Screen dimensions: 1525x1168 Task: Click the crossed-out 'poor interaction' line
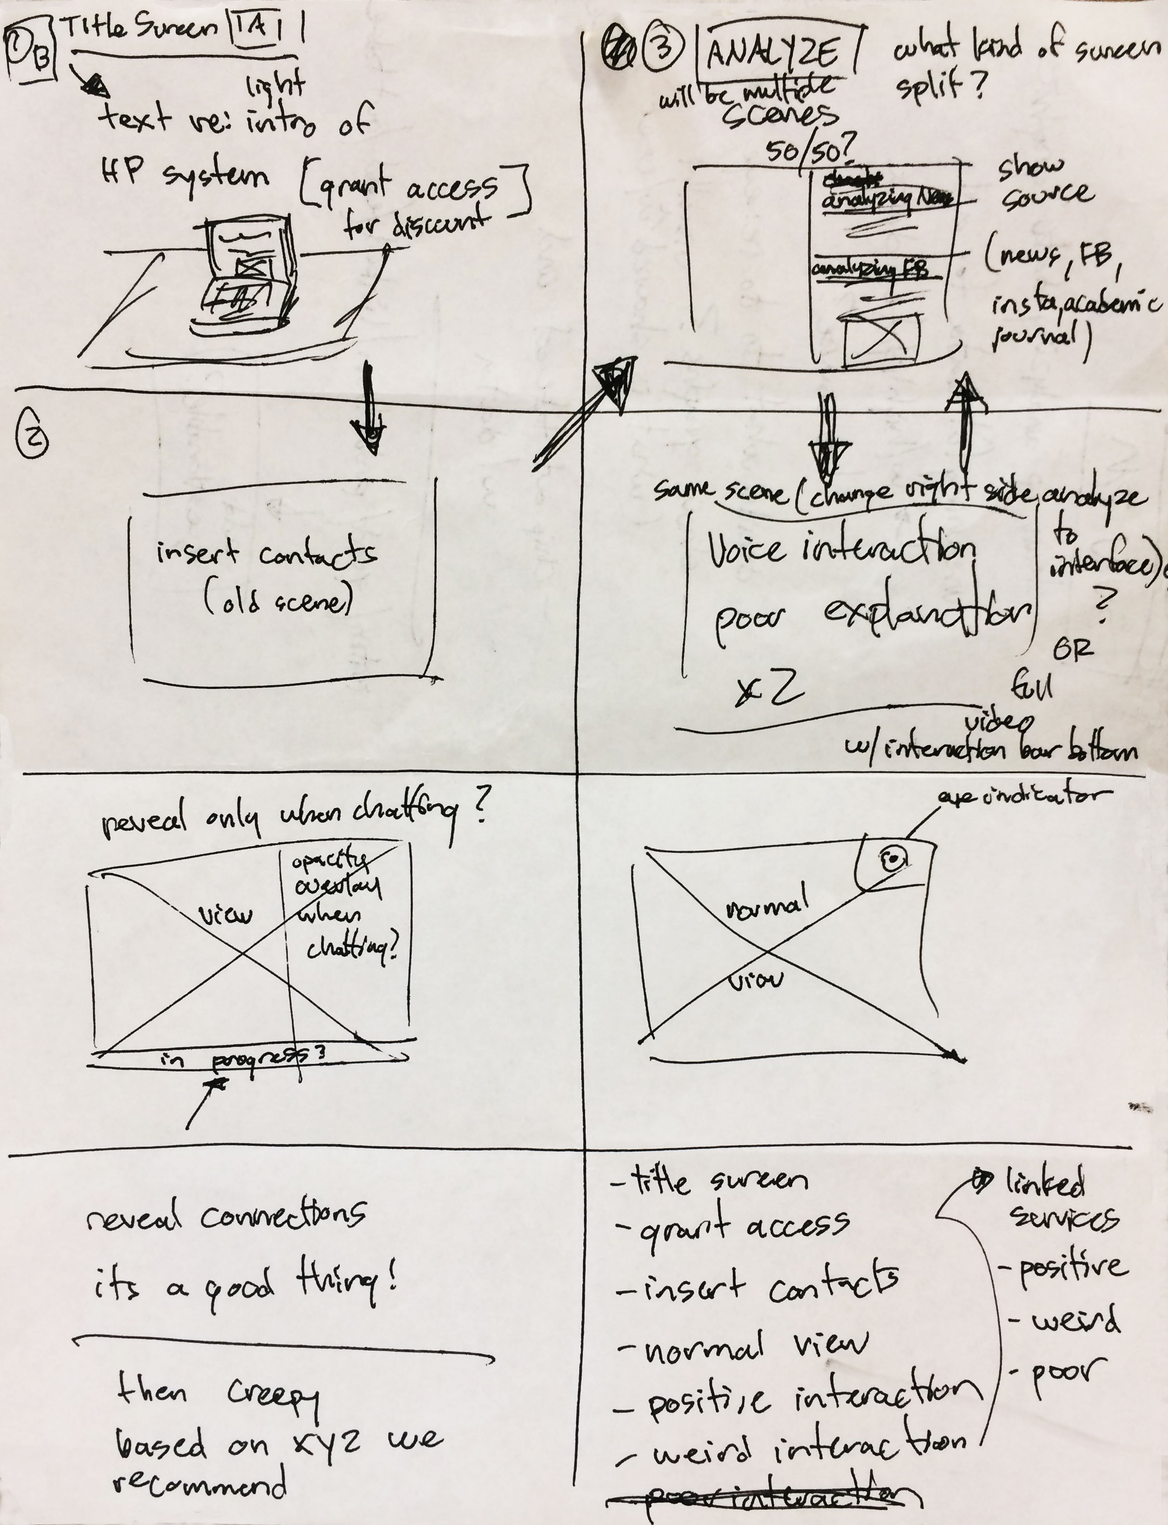pyautogui.click(x=765, y=1498)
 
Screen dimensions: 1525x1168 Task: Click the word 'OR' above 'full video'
pyautogui.click(x=1072, y=649)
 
